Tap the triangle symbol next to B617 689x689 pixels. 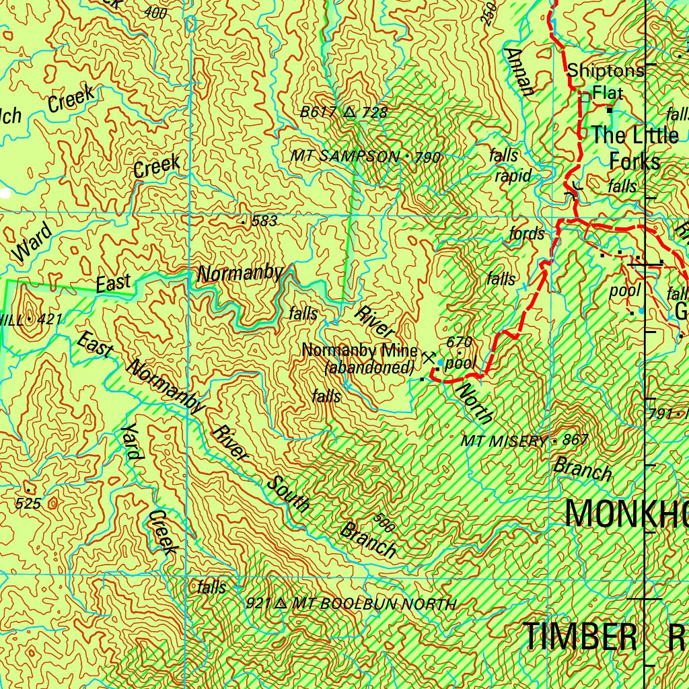tap(349, 112)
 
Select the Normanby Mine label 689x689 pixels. tap(360, 351)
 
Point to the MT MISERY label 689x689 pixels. tap(504, 441)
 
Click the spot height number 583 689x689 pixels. tap(263, 221)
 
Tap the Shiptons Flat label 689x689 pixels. tap(605, 80)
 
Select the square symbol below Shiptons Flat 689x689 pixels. tap(585, 98)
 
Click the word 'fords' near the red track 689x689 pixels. tap(527, 234)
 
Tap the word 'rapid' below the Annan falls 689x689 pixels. tap(513, 176)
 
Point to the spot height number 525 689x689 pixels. tap(28, 503)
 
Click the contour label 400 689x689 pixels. tap(155, 13)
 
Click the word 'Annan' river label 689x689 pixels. tap(520, 71)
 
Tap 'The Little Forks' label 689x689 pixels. tap(634, 148)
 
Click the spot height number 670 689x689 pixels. tap(459, 342)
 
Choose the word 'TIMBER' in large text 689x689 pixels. tap(580, 637)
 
